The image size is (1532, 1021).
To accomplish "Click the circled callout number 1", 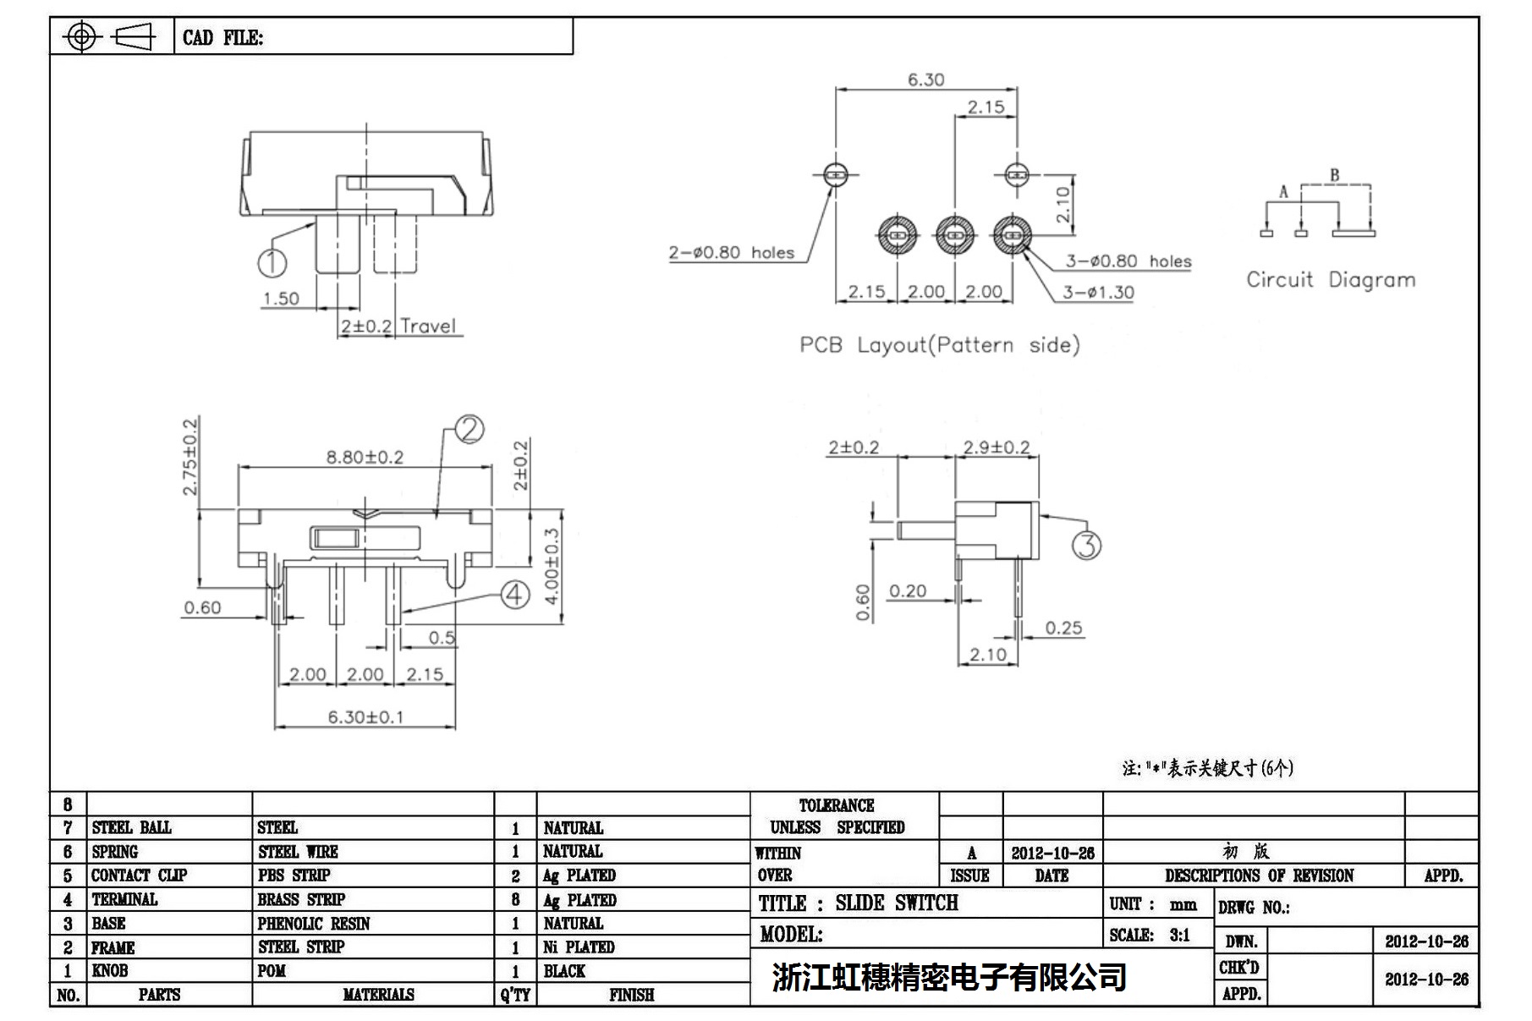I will [x=272, y=262].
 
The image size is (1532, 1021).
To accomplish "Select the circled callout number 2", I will [x=469, y=430].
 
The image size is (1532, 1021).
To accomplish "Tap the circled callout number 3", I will [x=1087, y=546].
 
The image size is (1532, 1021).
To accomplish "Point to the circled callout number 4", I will [x=515, y=595].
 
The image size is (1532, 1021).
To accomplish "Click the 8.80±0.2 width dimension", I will [x=365, y=458].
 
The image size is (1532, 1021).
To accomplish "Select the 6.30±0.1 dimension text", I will [x=365, y=717].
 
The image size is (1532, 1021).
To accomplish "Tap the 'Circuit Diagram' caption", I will [x=1330, y=280].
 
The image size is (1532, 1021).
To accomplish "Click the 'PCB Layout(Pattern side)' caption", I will [x=939, y=345].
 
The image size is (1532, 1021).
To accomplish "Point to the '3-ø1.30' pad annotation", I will [x=1098, y=293].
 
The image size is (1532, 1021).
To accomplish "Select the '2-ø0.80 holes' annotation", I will [x=732, y=253].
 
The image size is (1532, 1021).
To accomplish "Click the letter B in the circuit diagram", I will [x=1334, y=176].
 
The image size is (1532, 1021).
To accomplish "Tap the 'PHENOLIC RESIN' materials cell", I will [x=314, y=924].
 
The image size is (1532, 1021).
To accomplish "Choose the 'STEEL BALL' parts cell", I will [x=131, y=828].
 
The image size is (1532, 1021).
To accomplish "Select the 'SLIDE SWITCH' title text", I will [x=897, y=903].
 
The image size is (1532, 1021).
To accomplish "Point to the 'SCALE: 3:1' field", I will [x=1150, y=936].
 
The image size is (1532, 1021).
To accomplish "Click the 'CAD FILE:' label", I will [x=222, y=38].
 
